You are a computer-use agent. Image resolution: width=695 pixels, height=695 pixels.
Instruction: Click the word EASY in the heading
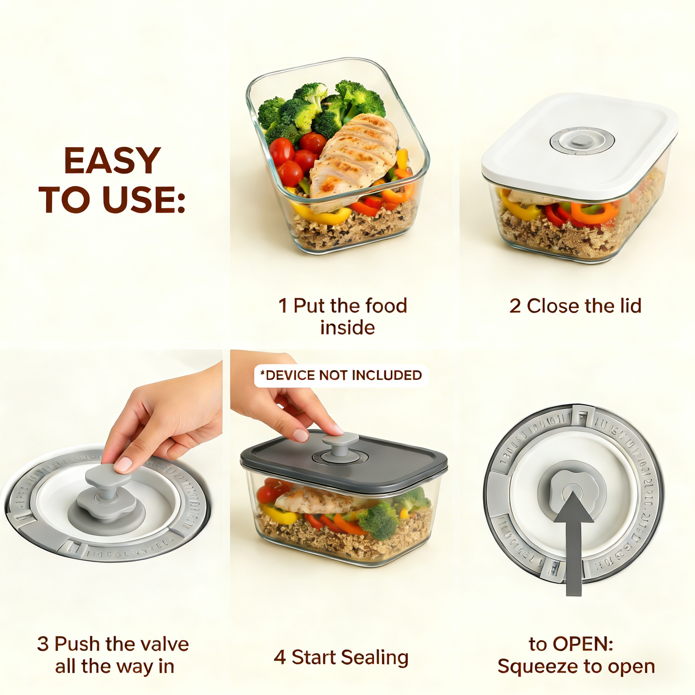coord(112,161)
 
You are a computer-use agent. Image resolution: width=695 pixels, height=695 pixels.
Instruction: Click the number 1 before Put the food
coord(283,306)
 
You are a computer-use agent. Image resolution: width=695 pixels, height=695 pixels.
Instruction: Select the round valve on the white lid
coord(581,141)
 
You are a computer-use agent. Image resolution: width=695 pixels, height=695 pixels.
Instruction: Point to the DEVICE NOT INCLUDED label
coord(341,375)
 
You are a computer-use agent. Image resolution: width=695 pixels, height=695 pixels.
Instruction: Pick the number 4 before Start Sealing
coord(279,657)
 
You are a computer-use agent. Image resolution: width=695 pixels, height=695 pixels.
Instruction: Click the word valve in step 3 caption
coord(163,644)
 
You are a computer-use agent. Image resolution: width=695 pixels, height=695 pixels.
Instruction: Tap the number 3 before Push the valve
coord(42,644)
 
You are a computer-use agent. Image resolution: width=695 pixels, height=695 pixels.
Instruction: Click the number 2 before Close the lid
coord(515,306)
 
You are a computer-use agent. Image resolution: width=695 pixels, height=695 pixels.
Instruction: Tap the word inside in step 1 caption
coord(347,328)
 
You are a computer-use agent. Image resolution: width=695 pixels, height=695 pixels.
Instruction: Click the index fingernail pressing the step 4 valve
coord(301,435)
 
